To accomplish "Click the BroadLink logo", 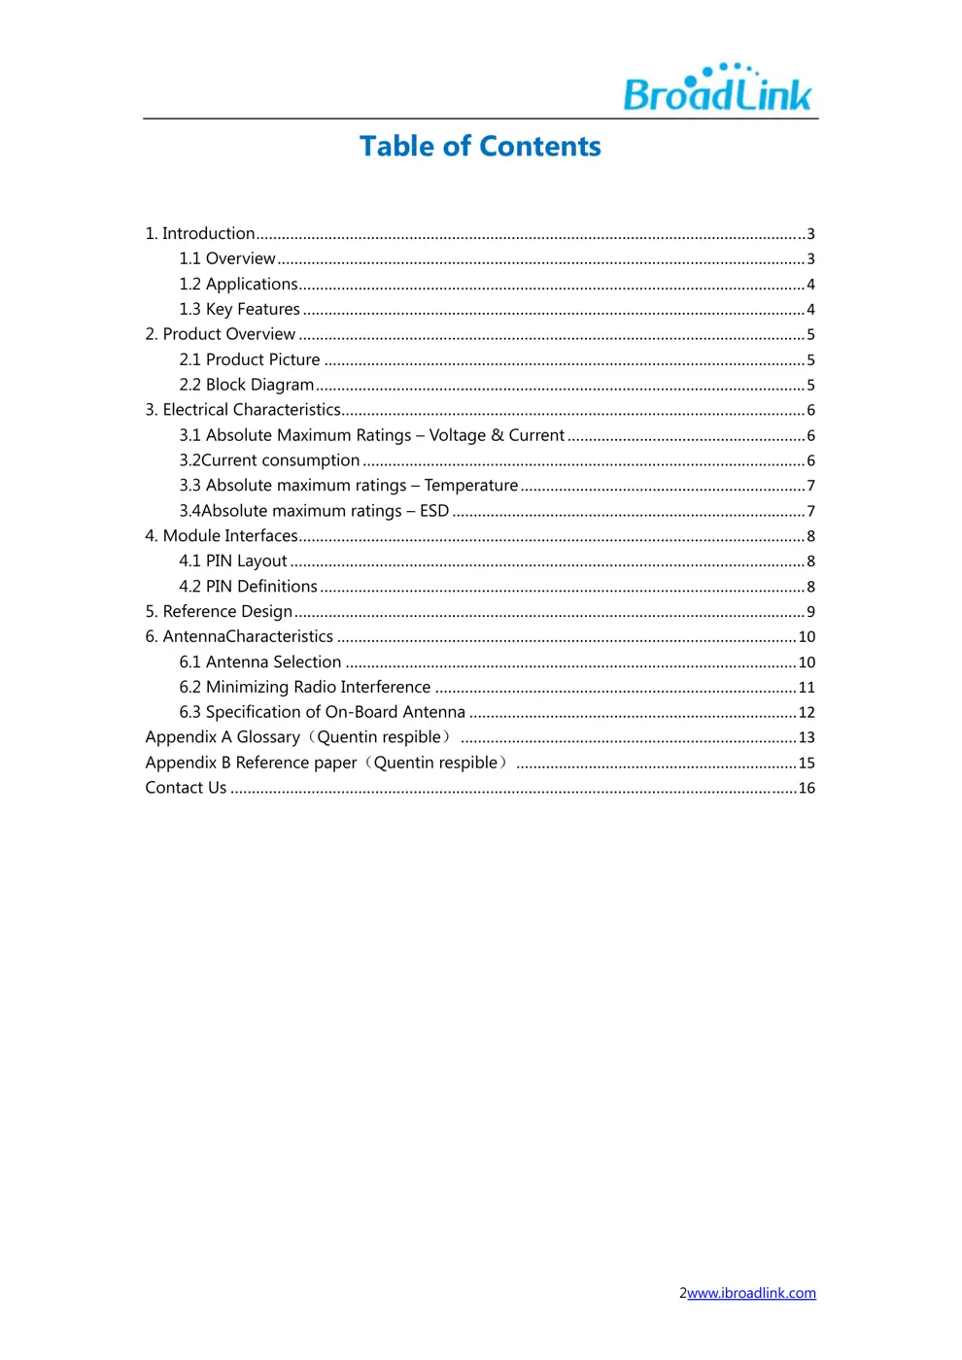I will pyautogui.click(x=717, y=88).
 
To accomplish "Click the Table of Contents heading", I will pyautogui.click(x=480, y=146).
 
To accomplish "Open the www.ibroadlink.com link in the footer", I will pyautogui.click(x=751, y=1293).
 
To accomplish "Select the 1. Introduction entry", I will pyautogui.click(x=200, y=233).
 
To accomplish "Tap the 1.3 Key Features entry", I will pyautogui.click(x=240, y=309).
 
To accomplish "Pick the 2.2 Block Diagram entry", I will pyautogui.click(x=247, y=385).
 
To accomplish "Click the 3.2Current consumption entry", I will pyautogui.click(x=269, y=460).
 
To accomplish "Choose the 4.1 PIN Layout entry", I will pyautogui.click(x=233, y=561).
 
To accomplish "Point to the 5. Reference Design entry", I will pyautogui.click(x=219, y=612).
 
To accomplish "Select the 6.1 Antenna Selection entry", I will pyautogui.click(x=260, y=663).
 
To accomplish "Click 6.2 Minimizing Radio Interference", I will pyautogui.click(x=304, y=688).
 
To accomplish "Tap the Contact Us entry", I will pyautogui.click(x=186, y=788).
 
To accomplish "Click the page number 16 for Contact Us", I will pyautogui.click(x=807, y=789).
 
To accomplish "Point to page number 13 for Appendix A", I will pyautogui.click(x=807, y=738).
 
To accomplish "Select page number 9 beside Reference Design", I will pyautogui.click(x=810, y=612).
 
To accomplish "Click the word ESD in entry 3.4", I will pyautogui.click(x=434, y=511).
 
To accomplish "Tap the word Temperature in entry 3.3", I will pyautogui.click(x=471, y=486).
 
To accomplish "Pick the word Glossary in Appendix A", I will pyautogui.click(x=268, y=737).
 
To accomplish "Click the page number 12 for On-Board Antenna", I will pyautogui.click(x=807, y=713).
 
